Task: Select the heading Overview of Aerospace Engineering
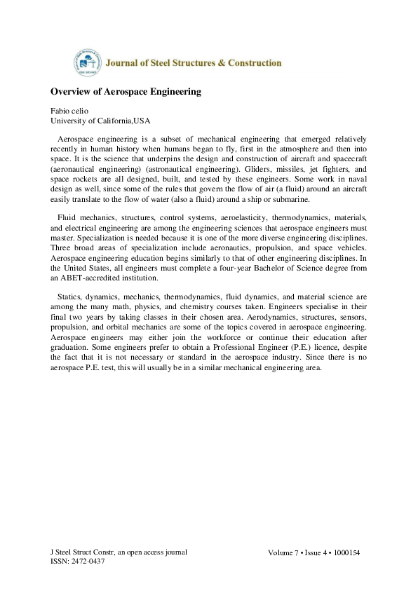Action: click(126, 92)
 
